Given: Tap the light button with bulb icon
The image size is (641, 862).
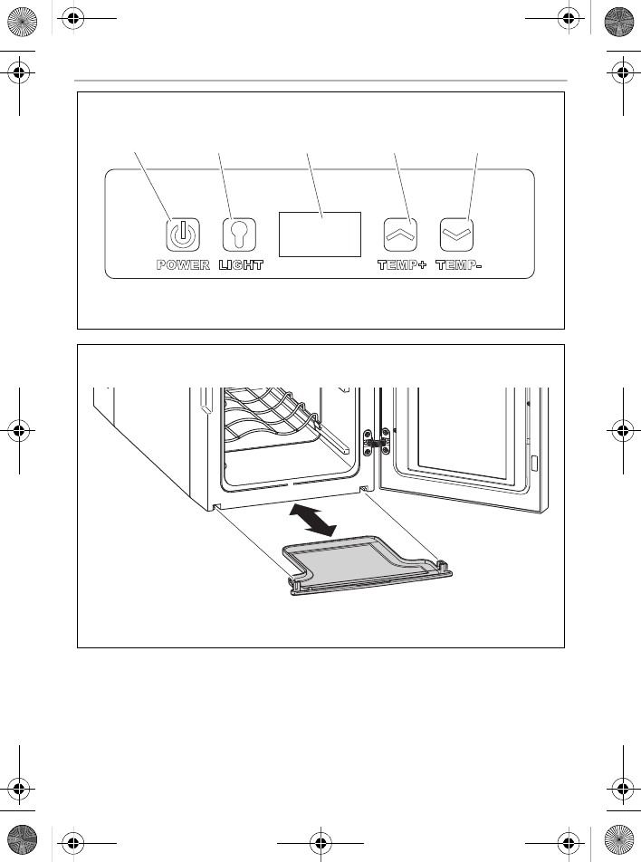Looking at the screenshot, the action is click(239, 234).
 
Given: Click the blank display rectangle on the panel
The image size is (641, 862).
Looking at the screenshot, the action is click(319, 235).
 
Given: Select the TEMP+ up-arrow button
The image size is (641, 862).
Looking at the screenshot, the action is click(400, 234).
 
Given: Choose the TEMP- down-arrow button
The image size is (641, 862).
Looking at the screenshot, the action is click(457, 234).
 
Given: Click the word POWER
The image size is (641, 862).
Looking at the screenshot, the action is click(183, 265).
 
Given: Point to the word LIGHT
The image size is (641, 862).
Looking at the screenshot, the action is click(241, 265).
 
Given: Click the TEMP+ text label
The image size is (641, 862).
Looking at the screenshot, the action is click(401, 265).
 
